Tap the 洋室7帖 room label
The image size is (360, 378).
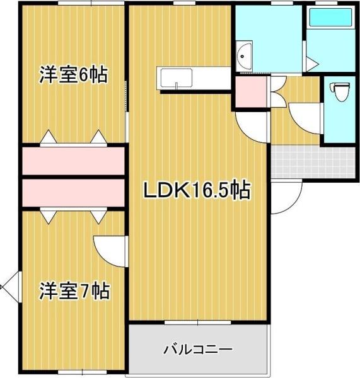coord(74,291)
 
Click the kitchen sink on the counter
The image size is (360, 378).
coord(177,79)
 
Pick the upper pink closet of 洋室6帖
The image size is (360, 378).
coord(73,161)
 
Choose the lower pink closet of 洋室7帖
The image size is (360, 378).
coord(73,192)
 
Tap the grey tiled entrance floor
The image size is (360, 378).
coord(313,162)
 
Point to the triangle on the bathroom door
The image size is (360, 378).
coord(311,62)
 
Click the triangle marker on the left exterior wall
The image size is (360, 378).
coord(9,290)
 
